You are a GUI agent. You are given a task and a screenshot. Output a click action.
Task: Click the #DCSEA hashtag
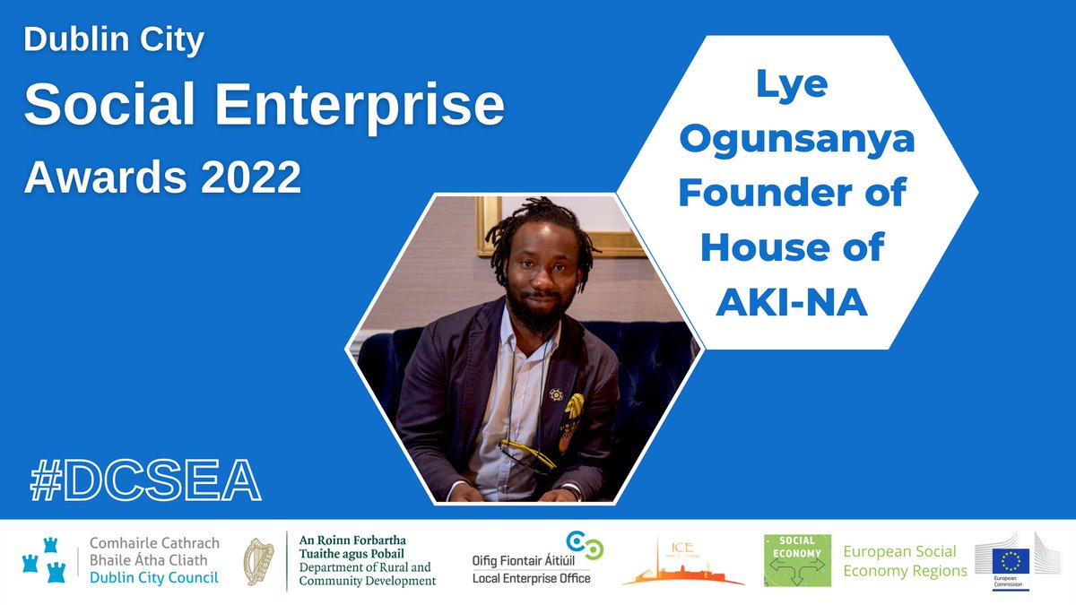(145, 481)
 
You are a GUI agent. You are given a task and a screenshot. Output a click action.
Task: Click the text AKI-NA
(792, 303)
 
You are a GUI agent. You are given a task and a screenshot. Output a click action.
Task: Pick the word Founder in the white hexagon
(759, 194)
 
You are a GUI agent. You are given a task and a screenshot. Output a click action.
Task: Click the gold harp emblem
(260, 562)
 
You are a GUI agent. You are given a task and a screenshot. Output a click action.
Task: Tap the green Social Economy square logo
(797, 561)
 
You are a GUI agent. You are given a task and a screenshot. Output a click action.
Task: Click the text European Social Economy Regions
(905, 561)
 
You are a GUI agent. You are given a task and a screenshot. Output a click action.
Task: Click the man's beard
(534, 314)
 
